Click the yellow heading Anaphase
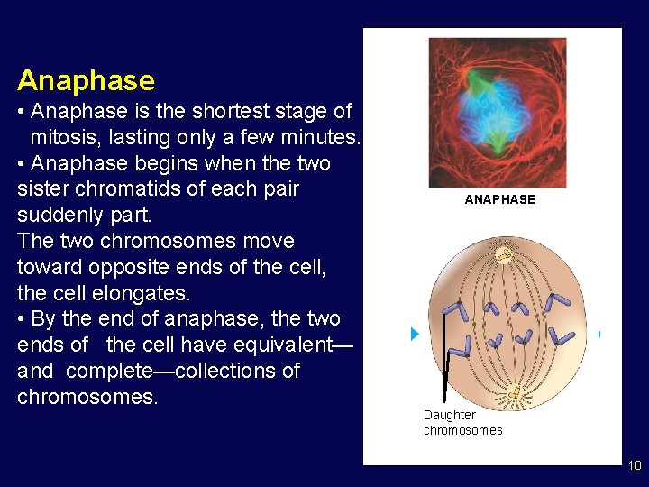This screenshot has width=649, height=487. point(86,80)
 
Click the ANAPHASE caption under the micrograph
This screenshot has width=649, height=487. point(499,199)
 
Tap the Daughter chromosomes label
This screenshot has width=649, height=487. point(462,422)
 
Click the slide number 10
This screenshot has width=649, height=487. point(635,466)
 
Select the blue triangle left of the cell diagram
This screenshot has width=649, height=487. point(415,335)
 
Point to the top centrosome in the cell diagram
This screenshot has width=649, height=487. point(503,253)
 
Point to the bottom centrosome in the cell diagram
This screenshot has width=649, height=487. point(515,393)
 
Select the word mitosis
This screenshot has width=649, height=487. point(67,138)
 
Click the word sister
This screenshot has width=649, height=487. point(44,189)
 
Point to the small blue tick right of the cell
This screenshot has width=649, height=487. point(599,334)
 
